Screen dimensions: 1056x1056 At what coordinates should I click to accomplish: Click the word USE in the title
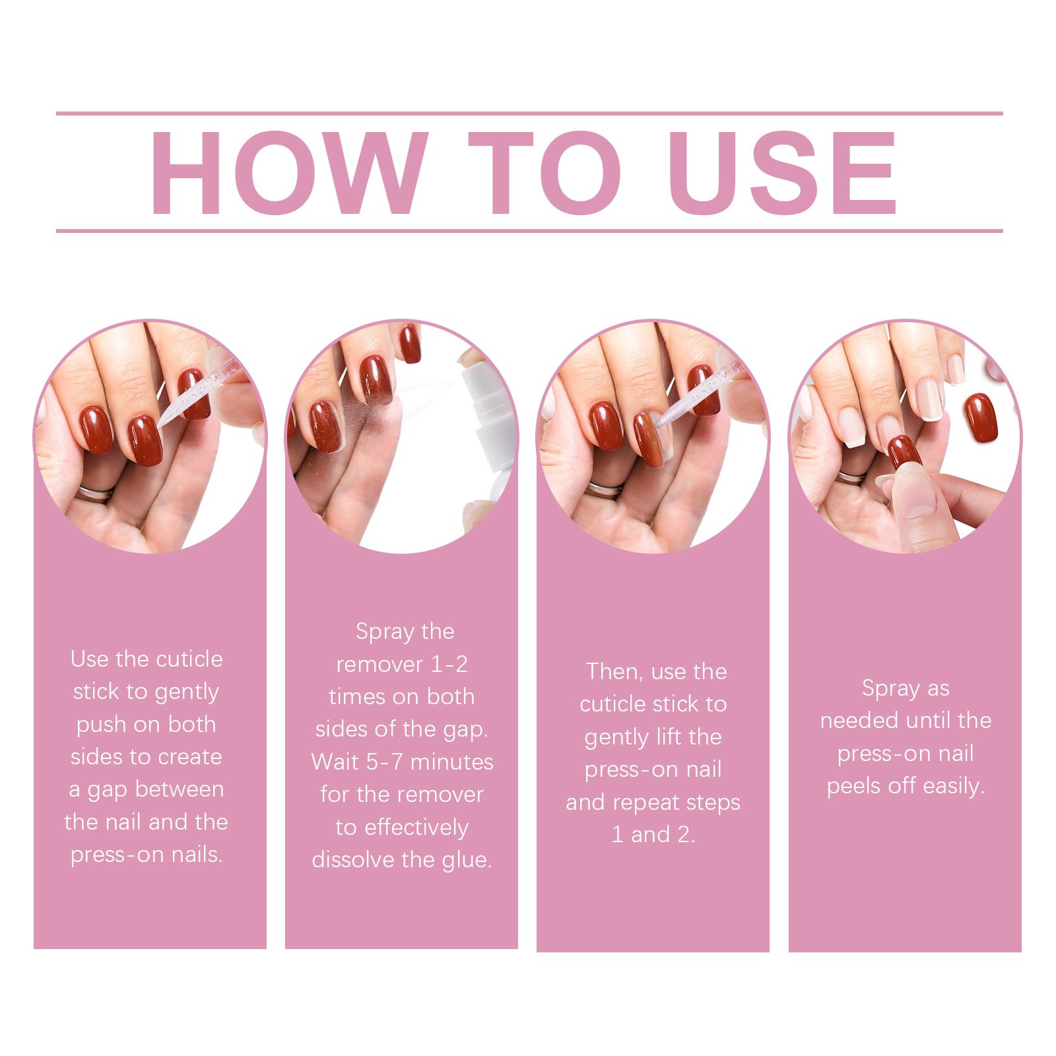pos(783,173)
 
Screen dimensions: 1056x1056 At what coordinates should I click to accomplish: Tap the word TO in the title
pos(545,173)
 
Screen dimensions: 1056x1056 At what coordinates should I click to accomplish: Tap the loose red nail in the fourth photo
pos(981,417)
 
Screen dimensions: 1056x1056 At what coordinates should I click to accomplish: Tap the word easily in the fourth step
pos(954,787)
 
